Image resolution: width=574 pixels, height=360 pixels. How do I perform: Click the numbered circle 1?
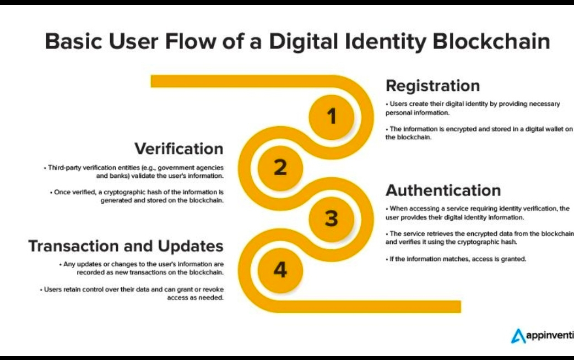point(331,116)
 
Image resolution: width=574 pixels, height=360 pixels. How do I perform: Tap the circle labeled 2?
point(280,167)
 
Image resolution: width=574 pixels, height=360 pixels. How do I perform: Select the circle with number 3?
point(331,219)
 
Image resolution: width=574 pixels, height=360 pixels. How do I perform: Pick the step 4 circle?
point(280,270)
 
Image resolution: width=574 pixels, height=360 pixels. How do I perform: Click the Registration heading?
point(432,86)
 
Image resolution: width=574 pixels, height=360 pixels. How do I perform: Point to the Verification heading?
point(179,149)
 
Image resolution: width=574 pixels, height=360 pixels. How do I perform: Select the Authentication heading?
point(443,190)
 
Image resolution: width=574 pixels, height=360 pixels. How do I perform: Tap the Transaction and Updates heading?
point(126,246)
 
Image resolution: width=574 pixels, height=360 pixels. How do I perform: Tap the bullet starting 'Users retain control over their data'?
point(132,293)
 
